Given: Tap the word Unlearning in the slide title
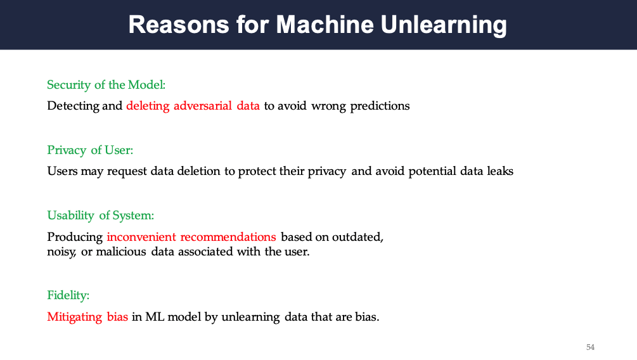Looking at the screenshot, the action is click(x=444, y=25).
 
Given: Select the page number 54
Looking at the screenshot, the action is click(x=590, y=347).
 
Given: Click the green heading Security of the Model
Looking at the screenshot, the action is click(x=106, y=85).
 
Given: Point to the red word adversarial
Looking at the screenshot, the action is click(x=202, y=106).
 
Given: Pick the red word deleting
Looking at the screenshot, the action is click(x=148, y=106).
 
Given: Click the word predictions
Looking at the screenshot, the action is click(x=380, y=106).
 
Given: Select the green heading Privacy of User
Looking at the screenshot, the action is click(x=90, y=150).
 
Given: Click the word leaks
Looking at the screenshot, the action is click(x=500, y=171).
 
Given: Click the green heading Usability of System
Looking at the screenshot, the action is click(x=101, y=215).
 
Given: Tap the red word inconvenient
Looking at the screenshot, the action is click(x=141, y=237).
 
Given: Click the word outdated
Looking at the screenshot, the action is click(x=357, y=237).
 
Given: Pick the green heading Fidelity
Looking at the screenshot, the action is click(x=68, y=295).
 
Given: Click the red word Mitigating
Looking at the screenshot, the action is click(x=75, y=317).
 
